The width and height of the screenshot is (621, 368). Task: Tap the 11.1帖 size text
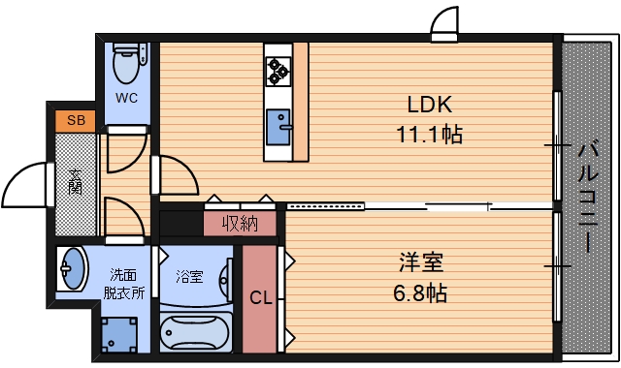pyautogui.click(x=430, y=136)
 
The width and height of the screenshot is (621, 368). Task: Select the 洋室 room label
pyautogui.click(x=421, y=261)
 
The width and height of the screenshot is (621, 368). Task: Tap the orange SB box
pyautogui.click(x=75, y=121)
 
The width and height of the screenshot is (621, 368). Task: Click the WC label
pyautogui.click(x=127, y=98)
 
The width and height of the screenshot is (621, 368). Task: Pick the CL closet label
pyautogui.click(x=260, y=298)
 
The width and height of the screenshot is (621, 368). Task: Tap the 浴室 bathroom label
pyautogui.click(x=189, y=276)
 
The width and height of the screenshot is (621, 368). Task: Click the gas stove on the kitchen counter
pyautogui.click(x=278, y=68)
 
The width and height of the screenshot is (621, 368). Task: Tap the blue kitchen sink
pyautogui.click(x=279, y=126)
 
